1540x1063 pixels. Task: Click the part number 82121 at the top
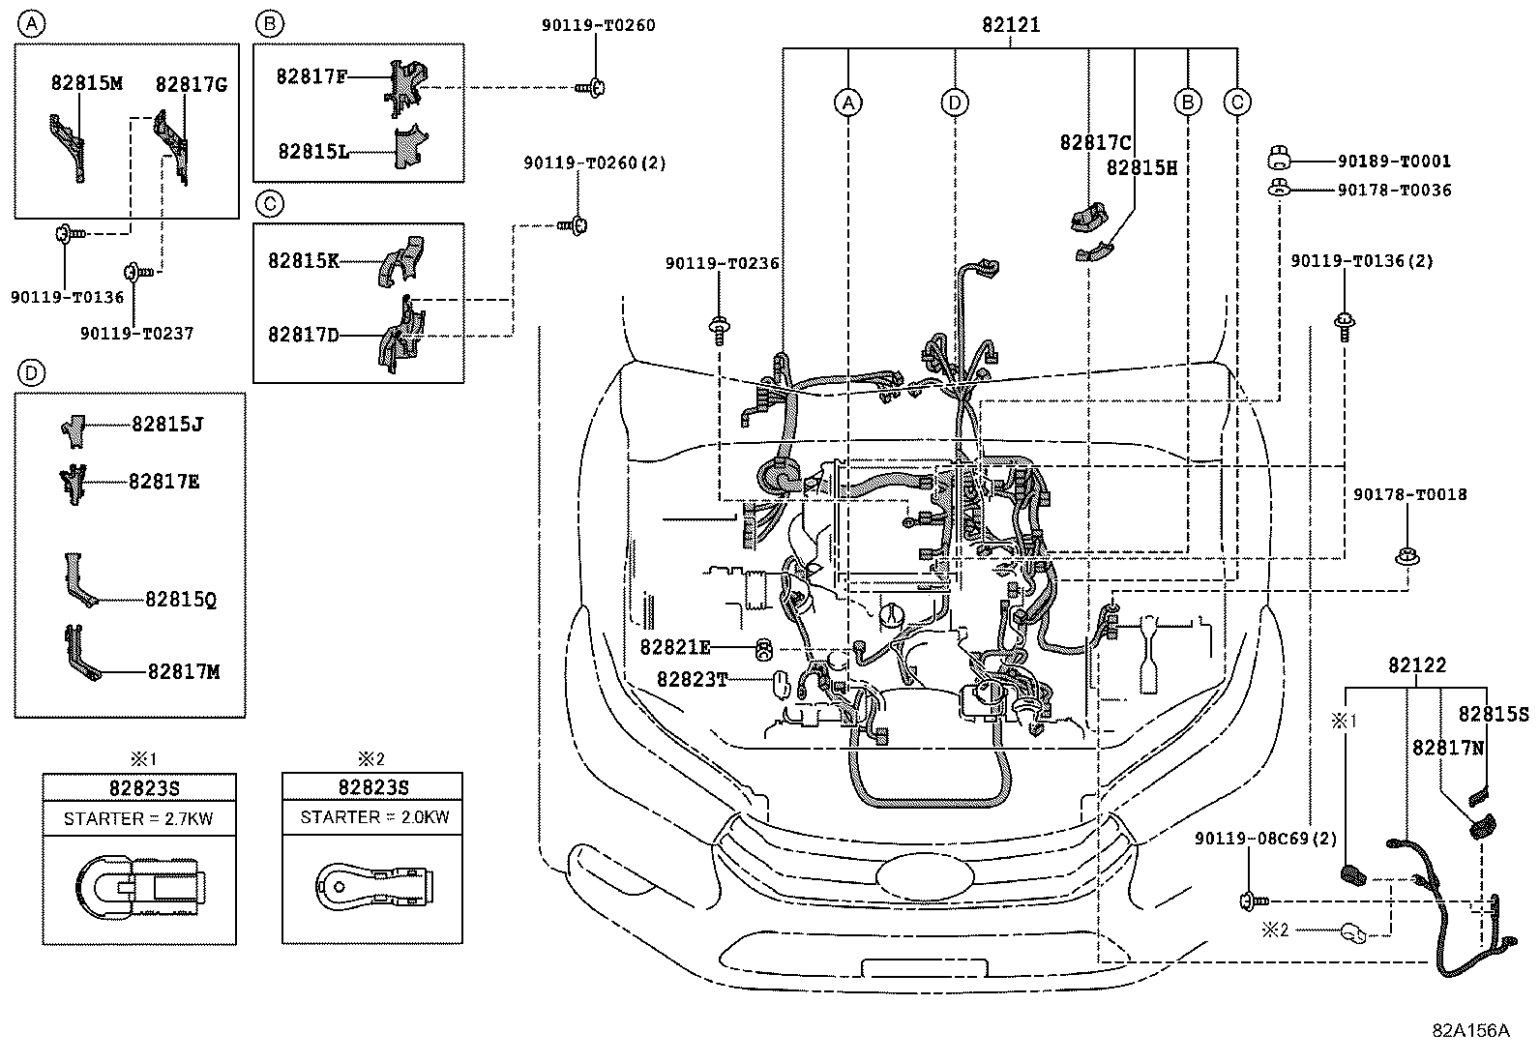[x=1011, y=26]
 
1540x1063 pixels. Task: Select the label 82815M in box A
[x=87, y=83]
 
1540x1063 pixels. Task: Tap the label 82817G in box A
[x=192, y=84]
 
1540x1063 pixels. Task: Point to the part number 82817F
[x=311, y=75]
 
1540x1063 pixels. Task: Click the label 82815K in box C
[x=304, y=260]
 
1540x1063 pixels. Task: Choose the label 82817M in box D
[x=184, y=670]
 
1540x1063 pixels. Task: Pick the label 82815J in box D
[x=167, y=424]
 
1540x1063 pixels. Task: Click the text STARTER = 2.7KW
[x=138, y=819]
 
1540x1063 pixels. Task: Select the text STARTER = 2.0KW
[x=374, y=817]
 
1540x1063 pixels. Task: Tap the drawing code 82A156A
[x=1470, y=1030]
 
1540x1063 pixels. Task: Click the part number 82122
[x=1417, y=665]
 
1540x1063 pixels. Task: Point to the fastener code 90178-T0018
[x=1409, y=495]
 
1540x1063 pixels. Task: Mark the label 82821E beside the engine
[x=675, y=647]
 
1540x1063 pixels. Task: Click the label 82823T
[x=692, y=680]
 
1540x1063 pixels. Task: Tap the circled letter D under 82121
[x=955, y=103]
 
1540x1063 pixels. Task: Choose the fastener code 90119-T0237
[x=136, y=333]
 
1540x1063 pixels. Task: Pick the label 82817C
[x=1095, y=142]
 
